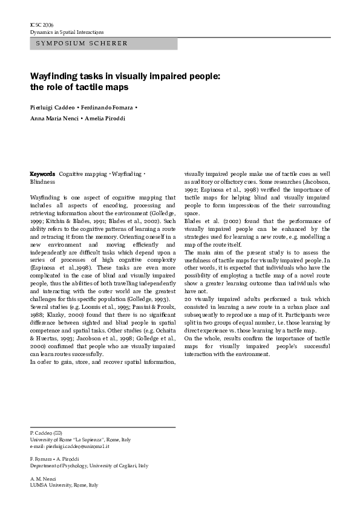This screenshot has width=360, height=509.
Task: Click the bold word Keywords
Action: pos(43,174)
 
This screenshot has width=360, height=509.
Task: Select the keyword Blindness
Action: pos(42,181)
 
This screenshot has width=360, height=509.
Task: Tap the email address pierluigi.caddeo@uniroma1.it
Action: pos(77,446)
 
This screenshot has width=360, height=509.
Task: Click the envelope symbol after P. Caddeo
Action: pos(58,433)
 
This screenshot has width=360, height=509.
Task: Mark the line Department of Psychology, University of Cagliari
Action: pos(88,465)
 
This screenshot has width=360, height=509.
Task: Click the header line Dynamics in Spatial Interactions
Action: pos(67,31)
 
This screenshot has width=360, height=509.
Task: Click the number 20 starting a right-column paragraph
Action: pos(188,299)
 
